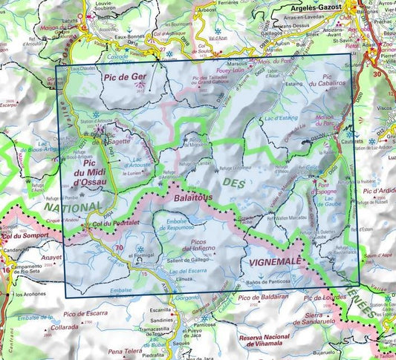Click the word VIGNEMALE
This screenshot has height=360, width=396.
point(279,262)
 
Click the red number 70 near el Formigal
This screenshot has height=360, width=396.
point(120,248)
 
